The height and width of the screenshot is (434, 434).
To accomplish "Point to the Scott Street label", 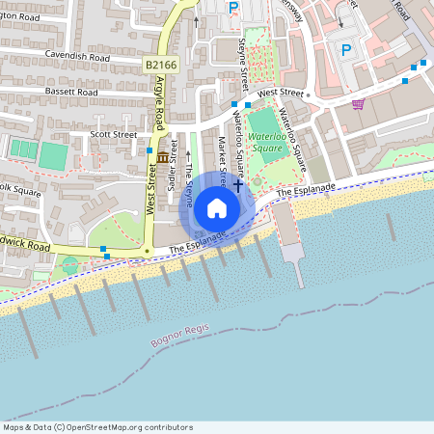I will tap(114, 135).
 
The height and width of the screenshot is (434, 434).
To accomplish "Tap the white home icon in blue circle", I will tap(217, 208).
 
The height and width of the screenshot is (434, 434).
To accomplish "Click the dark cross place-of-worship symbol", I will tap(237, 183).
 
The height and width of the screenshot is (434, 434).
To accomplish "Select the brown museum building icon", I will tap(162, 157).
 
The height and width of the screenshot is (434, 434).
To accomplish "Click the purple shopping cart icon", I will tap(358, 104).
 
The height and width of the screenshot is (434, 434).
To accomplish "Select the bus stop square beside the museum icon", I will tap(149, 150).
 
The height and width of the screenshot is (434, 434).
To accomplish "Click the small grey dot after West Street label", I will tap(308, 95).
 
